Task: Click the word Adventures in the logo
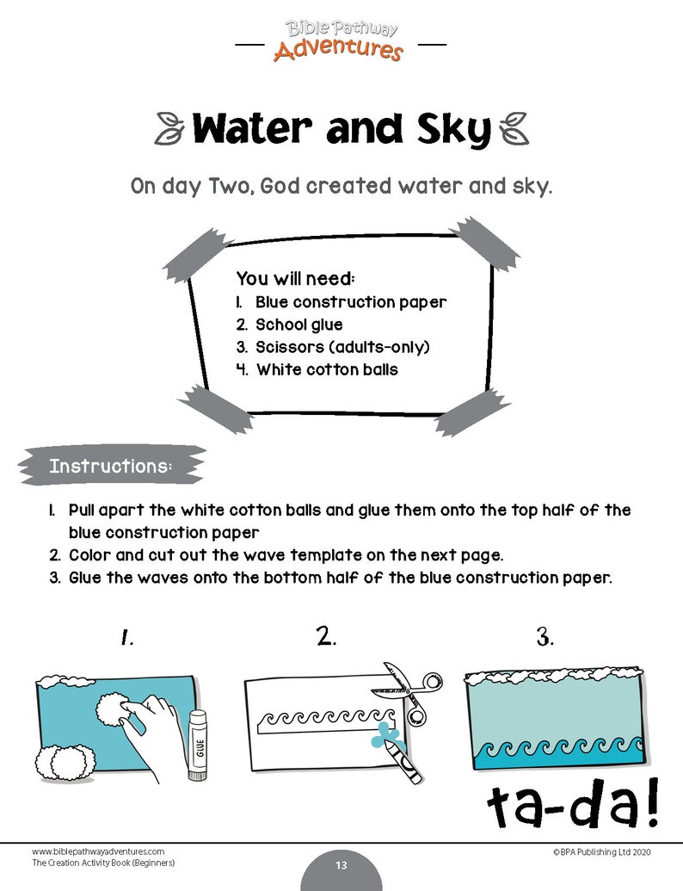pyautogui.click(x=338, y=50)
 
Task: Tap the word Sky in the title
pyautogui.click(x=446, y=129)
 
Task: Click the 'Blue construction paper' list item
pyautogui.click(x=350, y=302)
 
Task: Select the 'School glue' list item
pyautogui.click(x=298, y=325)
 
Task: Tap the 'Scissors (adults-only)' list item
pyautogui.click(x=341, y=347)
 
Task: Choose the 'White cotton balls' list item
pyautogui.click(x=326, y=369)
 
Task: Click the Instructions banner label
pyautogui.click(x=111, y=467)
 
